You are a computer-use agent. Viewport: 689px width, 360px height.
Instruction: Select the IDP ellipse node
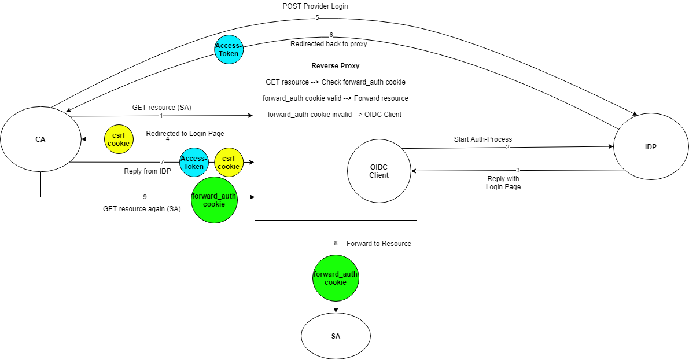pyautogui.click(x=650, y=147)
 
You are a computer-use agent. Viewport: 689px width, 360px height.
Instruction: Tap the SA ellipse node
pyautogui.click(x=336, y=336)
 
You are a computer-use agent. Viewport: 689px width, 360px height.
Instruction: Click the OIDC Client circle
pyautogui.click(x=379, y=171)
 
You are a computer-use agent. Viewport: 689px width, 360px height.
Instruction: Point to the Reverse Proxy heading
pyautogui.click(x=336, y=66)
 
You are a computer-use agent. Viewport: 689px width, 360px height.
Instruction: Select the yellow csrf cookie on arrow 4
pyautogui.click(x=119, y=139)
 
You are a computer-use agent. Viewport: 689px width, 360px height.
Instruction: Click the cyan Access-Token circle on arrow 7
pyautogui.click(x=194, y=163)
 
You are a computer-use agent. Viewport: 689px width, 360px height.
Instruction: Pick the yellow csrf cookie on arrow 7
pyautogui.click(x=229, y=163)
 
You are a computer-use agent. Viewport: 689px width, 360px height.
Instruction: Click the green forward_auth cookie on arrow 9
pyautogui.click(x=214, y=200)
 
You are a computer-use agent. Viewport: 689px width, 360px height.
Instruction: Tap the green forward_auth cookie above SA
pyautogui.click(x=336, y=278)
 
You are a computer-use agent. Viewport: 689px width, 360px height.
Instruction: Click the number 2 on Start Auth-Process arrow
pyautogui.click(x=507, y=147)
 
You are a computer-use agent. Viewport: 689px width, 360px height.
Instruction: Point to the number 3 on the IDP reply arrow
pyautogui.click(x=518, y=171)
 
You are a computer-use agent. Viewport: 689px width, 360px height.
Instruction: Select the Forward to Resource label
pyautogui.click(x=378, y=244)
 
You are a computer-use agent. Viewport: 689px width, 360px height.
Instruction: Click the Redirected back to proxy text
pyautogui.click(x=328, y=44)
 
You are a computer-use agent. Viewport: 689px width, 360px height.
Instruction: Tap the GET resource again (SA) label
pyautogui.click(x=142, y=209)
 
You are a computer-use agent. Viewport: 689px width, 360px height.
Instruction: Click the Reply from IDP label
pyautogui.click(x=147, y=171)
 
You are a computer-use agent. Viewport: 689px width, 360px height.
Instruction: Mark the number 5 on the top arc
pyautogui.click(x=317, y=17)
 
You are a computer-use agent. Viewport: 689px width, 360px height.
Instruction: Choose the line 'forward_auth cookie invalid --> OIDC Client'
pyautogui.click(x=334, y=115)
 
